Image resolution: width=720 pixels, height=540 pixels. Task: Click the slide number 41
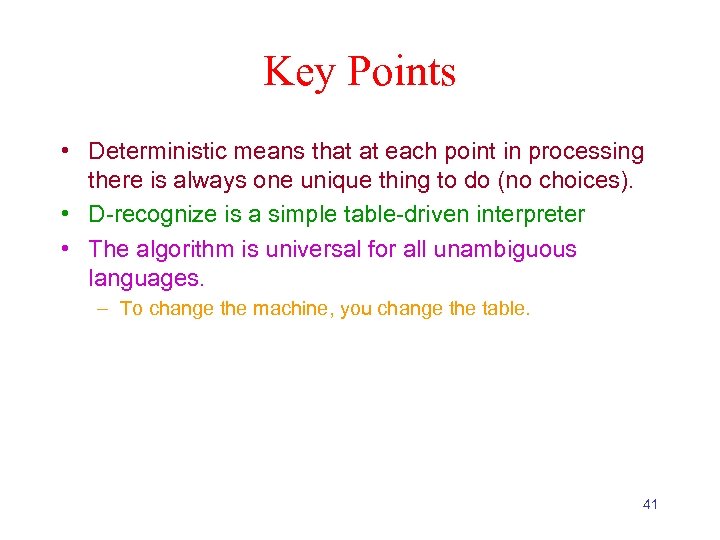coord(650,504)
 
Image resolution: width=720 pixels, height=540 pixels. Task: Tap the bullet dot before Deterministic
coord(63,153)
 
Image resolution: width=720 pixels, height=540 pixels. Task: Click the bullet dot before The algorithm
coord(63,249)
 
